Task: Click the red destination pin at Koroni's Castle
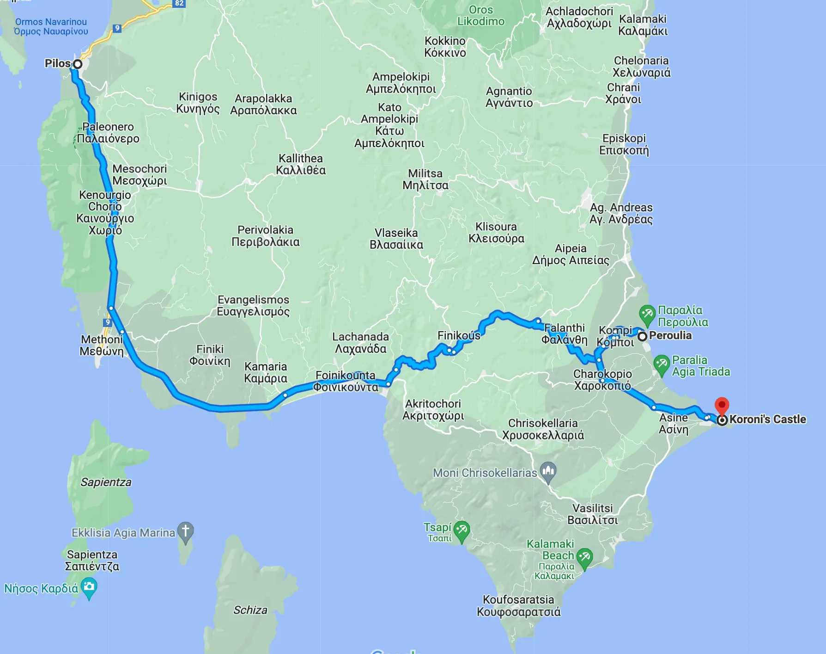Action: pyautogui.click(x=722, y=406)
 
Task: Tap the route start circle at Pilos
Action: pyautogui.click(x=78, y=64)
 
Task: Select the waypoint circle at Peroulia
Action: pyautogui.click(x=642, y=337)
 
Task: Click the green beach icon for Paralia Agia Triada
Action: pyautogui.click(x=662, y=364)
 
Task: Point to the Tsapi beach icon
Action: pyautogui.click(x=462, y=531)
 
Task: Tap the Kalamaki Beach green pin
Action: pyautogui.click(x=584, y=558)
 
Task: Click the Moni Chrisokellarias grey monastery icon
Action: pyautogui.click(x=548, y=472)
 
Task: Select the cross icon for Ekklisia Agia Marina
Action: pyautogui.click(x=185, y=531)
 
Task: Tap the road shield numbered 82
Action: pyautogui.click(x=179, y=3)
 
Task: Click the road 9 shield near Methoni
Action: pyautogui.click(x=108, y=322)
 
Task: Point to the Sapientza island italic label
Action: pyautogui.click(x=106, y=482)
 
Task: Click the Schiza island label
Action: pyautogui.click(x=250, y=610)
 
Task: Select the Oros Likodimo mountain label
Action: pyautogui.click(x=481, y=16)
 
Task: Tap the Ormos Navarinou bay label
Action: pyautogui.click(x=51, y=26)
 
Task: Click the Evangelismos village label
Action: pyautogui.click(x=253, y=305)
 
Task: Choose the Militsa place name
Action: pyautogui.click(x=425, y=179)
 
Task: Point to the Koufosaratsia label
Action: pyautogui.click(x=518, y=605)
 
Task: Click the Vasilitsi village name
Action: pyautogui.click(x=592, y=514)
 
